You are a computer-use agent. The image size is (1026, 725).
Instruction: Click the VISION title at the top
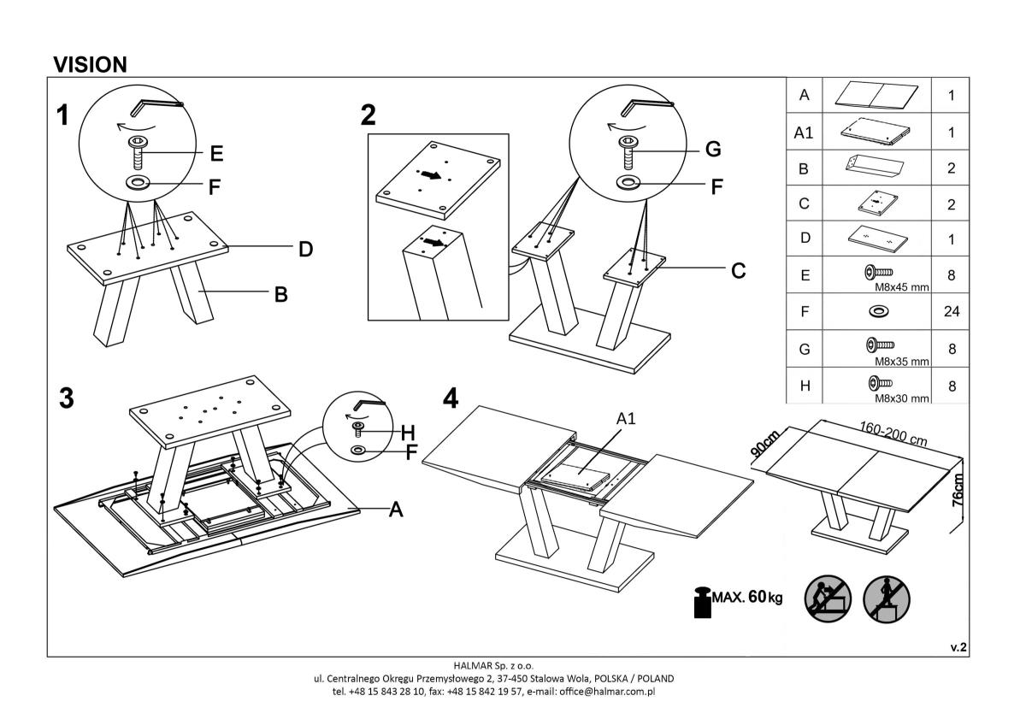tap(90, 64)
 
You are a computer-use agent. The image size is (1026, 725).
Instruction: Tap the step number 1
tap(63, 115)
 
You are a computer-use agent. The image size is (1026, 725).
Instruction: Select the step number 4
tap(451, 398)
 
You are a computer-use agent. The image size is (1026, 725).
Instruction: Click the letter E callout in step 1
tap(216, 154)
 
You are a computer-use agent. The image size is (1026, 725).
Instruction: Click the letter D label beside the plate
tap(305, 250)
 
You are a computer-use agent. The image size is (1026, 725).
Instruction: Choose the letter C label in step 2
tap(738, 271)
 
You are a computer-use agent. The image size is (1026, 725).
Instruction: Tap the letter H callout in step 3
tap(408, 433)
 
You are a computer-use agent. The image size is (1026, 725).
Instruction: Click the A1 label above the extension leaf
tap(626, 418)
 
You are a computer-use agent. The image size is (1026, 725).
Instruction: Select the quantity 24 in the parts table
tap(951, 312)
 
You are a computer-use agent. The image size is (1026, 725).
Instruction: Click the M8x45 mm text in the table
tap(900, 288)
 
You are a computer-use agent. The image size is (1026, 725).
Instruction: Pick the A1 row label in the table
tap(804, 133)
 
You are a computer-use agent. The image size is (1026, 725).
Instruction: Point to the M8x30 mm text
tap(901, 398)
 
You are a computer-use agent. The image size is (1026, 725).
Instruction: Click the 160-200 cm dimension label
tap(893, 433)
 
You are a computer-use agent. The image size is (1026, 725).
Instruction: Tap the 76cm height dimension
tap(958, 492)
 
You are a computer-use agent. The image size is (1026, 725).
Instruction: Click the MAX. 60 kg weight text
tap(746, 596)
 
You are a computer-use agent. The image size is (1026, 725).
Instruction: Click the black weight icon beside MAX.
tap(703, 601)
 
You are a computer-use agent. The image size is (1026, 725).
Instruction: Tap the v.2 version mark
tap(958, 648)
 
